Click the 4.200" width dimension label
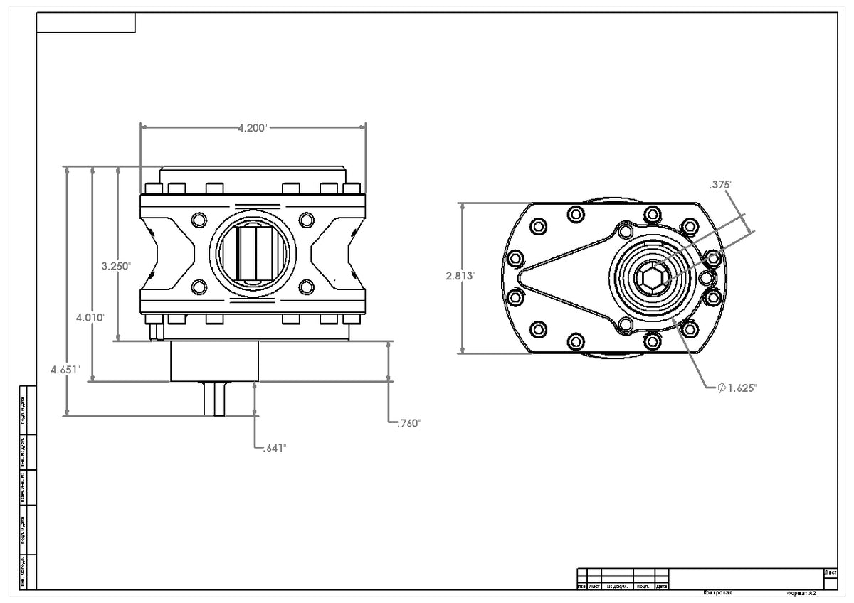(x=252, y=128)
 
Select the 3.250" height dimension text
(x=116, y=266)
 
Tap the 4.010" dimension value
(x=91, y=317)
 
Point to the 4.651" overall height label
(x=65, y=369)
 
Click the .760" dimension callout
(x=408, y=423)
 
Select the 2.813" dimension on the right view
(x=460, y=277)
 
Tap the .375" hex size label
(x=720, y=184)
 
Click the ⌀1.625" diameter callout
(x=737, y=388)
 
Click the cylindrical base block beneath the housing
(x=213, y=361)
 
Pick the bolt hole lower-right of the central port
(x=306, y=287)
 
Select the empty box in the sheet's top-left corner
(x=85, y=23)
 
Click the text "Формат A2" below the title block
(x=801, y=592)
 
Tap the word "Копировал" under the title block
(x=717, y=592)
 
